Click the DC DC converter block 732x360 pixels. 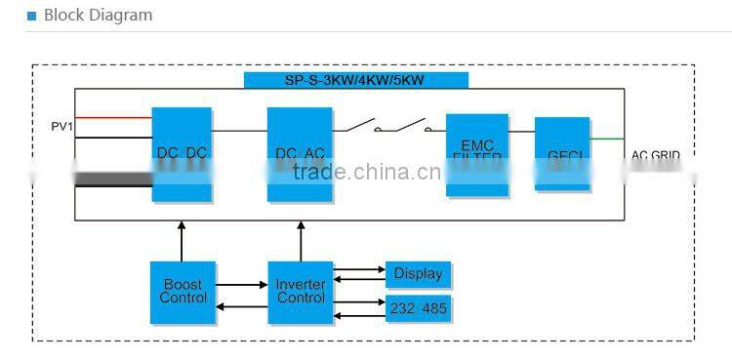182,154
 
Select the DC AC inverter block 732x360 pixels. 300,154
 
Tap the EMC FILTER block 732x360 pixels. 477,154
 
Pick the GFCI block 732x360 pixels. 562,153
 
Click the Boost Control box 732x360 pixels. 183,292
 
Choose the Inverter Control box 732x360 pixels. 301,292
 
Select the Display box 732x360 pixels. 418,274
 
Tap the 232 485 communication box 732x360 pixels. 418,308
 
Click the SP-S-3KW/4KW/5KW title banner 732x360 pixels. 355,80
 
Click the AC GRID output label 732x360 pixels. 655,155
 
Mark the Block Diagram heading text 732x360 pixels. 98,16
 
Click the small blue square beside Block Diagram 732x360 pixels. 31,17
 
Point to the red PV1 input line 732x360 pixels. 112,119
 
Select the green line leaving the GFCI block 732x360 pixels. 607,139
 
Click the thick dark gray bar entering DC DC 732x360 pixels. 112,179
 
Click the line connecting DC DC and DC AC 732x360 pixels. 239,131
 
